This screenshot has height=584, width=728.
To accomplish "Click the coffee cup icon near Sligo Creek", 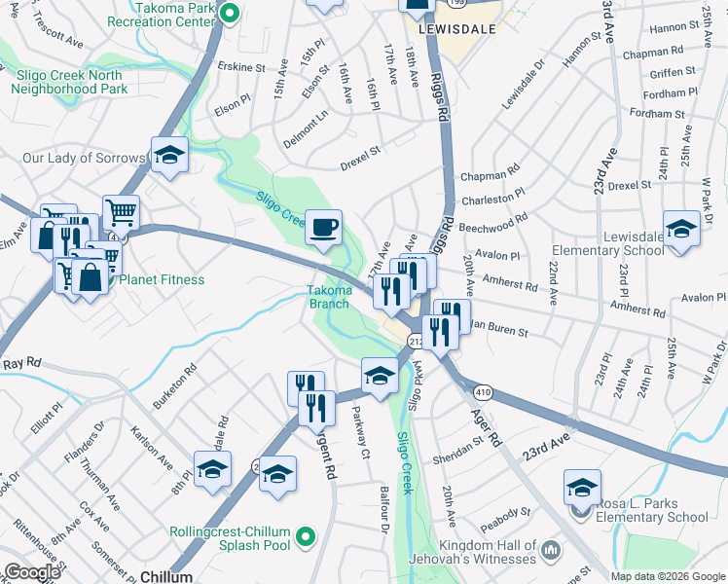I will click(x=324, y=229).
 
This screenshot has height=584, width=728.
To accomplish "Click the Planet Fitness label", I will click(x=162, y=280).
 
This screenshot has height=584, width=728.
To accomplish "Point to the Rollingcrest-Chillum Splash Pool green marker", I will click(x=306, y=535).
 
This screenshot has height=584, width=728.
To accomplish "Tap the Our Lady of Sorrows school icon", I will click(x=169, y=157).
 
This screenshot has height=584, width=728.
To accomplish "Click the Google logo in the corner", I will click(x=31, y=572).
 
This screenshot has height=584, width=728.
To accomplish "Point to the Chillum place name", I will click(x=166, y=577).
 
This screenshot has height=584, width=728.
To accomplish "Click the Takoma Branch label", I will click(x=328, y=296).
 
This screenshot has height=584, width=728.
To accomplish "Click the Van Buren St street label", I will click(x=500, y=331).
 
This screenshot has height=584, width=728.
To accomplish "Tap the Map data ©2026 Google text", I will click(x=668, y=576).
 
